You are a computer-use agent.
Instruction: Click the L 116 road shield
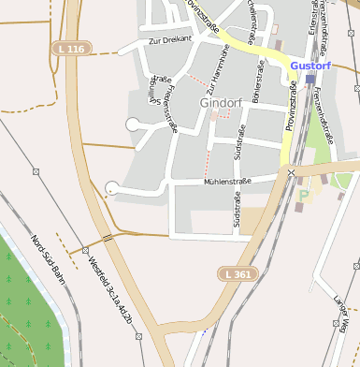point(70,48)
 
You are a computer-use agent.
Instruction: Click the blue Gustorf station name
point(310,66)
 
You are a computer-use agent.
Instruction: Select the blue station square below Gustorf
point(310,80)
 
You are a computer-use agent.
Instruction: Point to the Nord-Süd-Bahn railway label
point(48,257)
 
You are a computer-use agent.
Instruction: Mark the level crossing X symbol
point(291,172)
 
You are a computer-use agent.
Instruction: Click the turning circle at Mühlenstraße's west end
point(112,187)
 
